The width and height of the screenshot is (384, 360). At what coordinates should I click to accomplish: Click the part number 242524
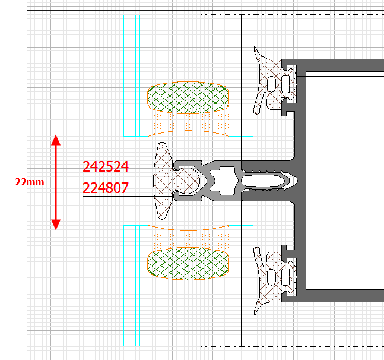point(106,167)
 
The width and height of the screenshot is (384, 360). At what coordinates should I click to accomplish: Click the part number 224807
point(106,188)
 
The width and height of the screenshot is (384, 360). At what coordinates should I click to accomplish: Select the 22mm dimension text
point(30,182)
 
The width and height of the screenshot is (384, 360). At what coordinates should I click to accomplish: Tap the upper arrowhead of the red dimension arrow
point(56,140)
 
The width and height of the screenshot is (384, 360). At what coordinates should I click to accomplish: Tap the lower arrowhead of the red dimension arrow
point(56,225)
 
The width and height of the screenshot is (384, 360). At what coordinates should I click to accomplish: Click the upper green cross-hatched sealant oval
point(188,97)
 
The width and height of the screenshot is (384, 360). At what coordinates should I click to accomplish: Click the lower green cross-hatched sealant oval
point(188,263)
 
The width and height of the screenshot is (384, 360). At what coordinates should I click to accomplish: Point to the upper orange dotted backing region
point(188,122)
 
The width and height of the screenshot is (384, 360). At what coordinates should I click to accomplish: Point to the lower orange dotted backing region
point(188,239)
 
